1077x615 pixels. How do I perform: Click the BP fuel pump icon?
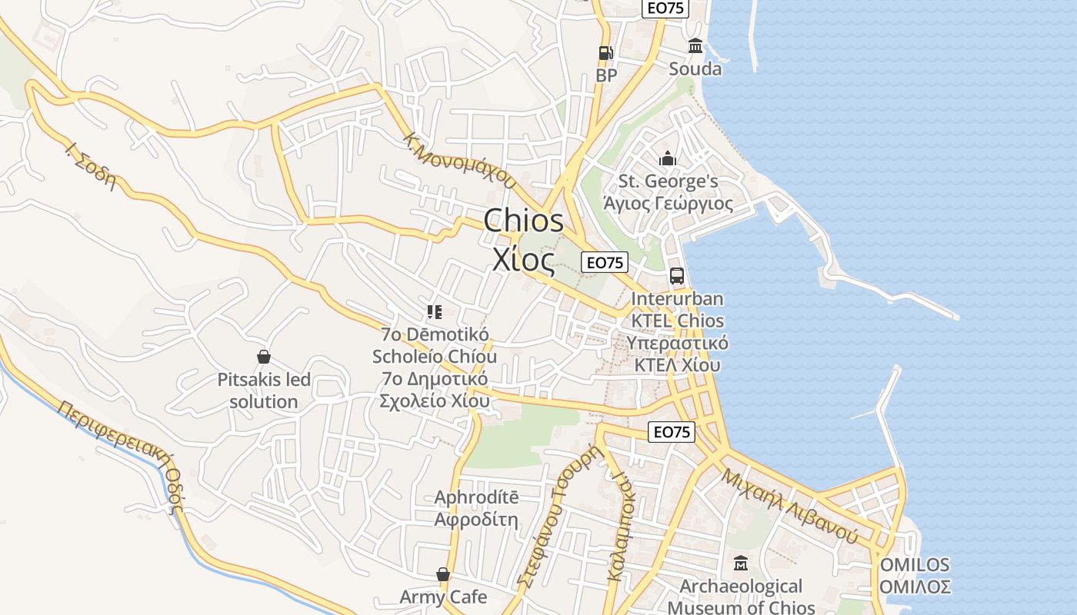[x=606, y=53]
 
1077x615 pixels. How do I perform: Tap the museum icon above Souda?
[x=695, y=45]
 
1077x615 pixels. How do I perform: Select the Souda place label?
[x=695, y=69]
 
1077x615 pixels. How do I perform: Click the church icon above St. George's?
[x=667, y=158]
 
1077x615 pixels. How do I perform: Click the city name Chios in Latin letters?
[x=524, y=221]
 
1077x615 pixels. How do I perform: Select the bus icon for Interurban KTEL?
[x=677, y=275]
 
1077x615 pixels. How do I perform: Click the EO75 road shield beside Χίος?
[x=605, y=262]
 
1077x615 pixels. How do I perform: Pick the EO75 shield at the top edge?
[x=665, y=8]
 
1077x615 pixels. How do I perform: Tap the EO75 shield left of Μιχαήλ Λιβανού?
[x=672, y=432]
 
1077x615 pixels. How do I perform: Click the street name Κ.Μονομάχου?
[x=460, y=161]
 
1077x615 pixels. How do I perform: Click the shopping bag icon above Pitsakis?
[x=264, y=357]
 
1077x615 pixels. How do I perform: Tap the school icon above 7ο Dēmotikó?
[x=435, y=311]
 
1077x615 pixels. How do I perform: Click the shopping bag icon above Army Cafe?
[x=443, y=574]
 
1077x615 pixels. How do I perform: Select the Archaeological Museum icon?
[x=741, y=563]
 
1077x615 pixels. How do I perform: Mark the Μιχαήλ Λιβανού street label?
[x=789, y=505]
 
